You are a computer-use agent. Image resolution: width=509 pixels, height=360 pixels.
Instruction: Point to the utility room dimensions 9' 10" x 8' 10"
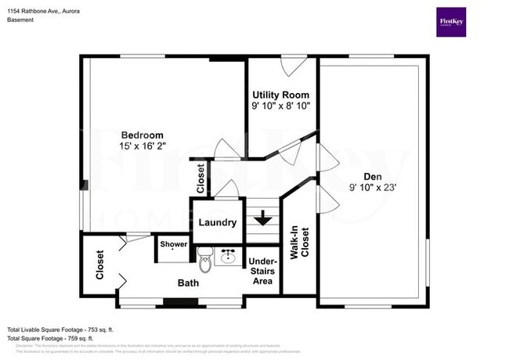pos(280,105)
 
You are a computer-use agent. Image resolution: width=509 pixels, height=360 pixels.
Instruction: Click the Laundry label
pos(218,223)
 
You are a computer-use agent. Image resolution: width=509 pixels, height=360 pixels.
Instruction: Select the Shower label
pos(174,244)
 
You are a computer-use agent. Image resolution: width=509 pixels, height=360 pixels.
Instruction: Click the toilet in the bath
pos(205,259)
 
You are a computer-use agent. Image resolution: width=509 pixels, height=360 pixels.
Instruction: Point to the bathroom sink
pos(230,257)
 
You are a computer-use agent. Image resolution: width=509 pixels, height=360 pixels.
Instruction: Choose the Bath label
pos(189,283)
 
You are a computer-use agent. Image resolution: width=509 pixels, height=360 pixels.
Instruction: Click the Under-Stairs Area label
pos(260,270)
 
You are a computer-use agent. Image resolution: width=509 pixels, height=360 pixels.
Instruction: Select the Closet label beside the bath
pos(100,265)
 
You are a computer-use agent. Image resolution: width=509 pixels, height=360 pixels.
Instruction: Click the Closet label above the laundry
pos(201,178)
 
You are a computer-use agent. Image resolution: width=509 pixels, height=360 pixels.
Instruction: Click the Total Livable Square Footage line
pos(60,329)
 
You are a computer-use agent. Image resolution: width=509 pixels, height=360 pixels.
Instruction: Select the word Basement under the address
pos(21,20)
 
